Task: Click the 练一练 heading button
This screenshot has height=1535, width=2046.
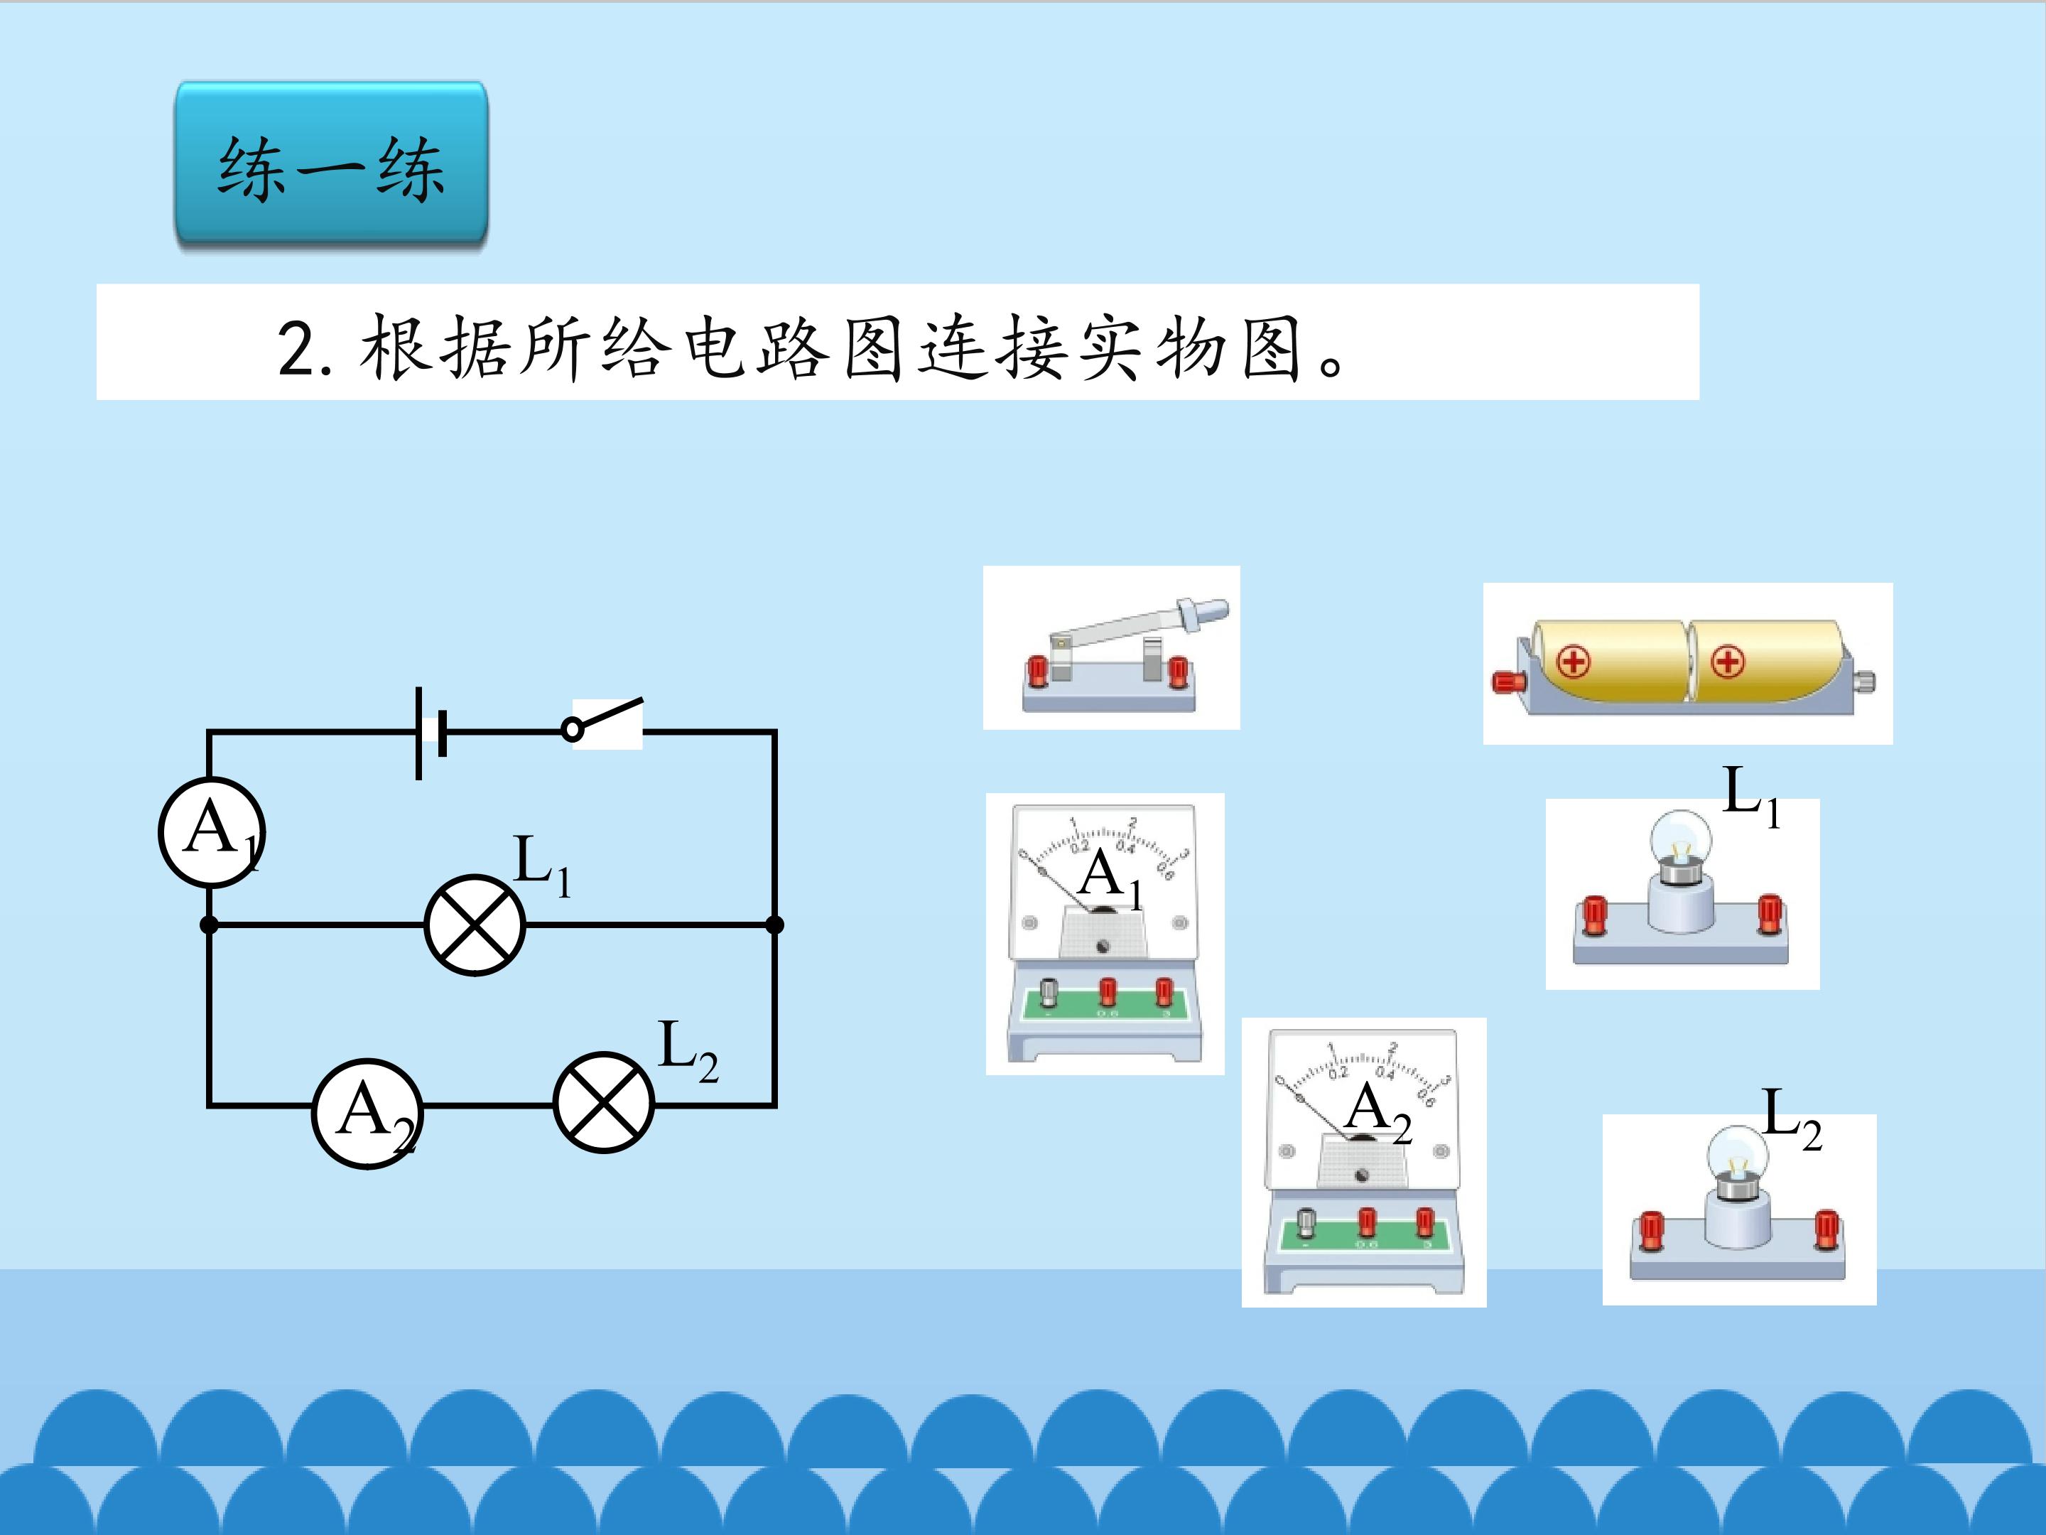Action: tap(331, 165)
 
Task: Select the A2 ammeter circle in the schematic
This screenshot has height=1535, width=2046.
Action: tap(367, 1113)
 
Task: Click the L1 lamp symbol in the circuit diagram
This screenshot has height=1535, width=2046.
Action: tap(475, 925)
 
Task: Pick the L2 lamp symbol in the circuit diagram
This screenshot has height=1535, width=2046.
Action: tap(603, 1102)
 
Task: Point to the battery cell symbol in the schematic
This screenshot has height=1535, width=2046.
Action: tap(431, 733)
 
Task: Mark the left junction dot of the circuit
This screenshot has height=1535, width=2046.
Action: tap(210, 925)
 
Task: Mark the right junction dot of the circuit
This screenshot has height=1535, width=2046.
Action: tap(775, 925)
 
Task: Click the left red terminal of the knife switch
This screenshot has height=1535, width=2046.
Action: tap(1037, 671)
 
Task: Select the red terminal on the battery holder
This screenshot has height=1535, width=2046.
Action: tap(1509, 682)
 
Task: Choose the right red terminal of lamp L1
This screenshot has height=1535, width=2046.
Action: tap(1770, 913)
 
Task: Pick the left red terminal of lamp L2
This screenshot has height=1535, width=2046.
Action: tap(1650, 1229)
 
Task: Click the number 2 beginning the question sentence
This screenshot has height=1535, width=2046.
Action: tap(297, 349)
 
